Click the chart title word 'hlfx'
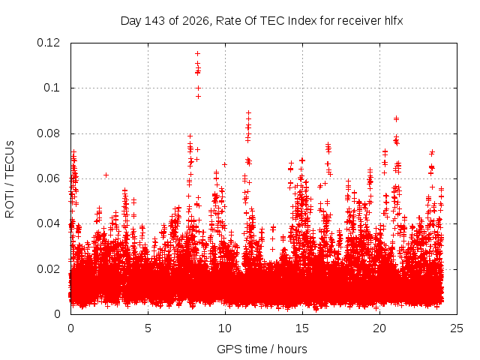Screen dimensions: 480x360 click(394, 21)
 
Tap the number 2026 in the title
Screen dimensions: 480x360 click(196, 21)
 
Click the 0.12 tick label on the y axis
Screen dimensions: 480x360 click(48, 43)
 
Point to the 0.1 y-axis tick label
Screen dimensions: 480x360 click(52, 88)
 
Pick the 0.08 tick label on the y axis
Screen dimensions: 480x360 click(48, 133)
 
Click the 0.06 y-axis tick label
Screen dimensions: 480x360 click(48, 178)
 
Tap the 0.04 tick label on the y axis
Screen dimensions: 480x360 click(48, 223)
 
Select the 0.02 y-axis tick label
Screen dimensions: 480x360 click(48, 269)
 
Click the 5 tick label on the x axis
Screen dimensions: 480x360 click(148, 328)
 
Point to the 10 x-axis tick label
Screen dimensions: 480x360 click(225, 328)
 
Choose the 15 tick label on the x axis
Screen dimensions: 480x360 click(302, 328)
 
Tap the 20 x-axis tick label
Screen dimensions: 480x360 click(379, 328)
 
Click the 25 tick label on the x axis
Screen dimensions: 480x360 click(457, 328)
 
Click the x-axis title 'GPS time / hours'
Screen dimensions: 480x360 click(262, 349)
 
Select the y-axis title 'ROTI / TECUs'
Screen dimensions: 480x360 click(10, 179)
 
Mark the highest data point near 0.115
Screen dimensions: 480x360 click(198, 54)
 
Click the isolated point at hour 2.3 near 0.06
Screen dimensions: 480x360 click(106, 175)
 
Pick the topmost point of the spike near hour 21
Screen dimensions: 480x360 click(397, 118)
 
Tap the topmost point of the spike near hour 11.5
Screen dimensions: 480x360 click(248, 113)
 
